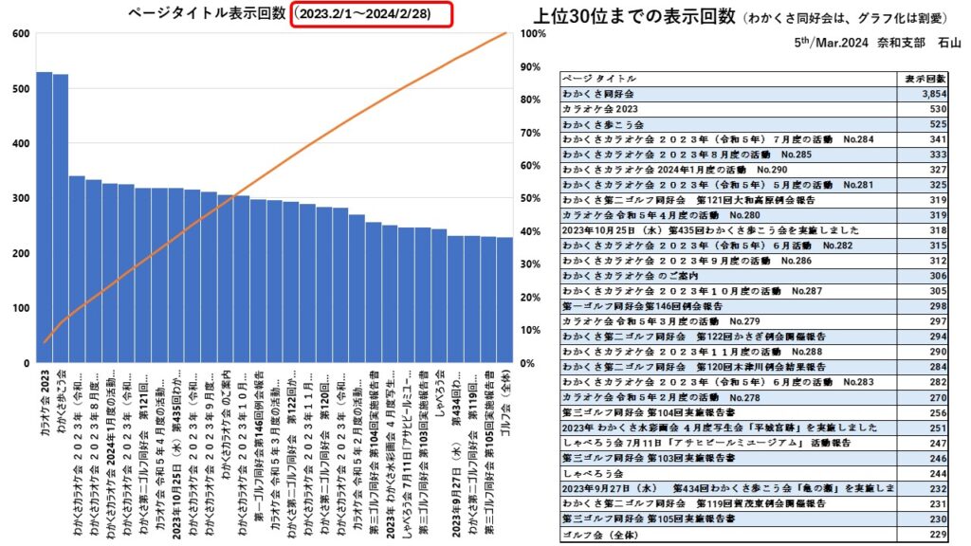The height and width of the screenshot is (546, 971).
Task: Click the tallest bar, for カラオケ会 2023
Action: tap(45, 217)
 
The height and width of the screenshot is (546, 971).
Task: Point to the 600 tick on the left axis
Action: tap(19, 34)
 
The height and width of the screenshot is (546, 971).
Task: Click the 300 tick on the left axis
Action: tap(19, 199)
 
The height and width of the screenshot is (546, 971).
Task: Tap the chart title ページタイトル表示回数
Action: tap(207, 13)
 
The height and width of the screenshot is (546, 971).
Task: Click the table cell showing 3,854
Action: tap(933, 95)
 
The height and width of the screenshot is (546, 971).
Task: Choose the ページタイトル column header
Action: tap(599, 79)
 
